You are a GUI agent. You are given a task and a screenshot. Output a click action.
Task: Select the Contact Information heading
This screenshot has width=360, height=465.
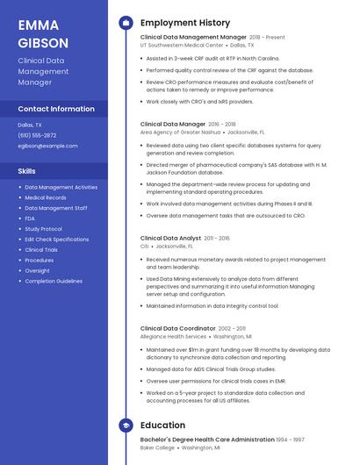56,109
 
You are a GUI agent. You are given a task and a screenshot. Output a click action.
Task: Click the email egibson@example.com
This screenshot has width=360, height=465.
47,146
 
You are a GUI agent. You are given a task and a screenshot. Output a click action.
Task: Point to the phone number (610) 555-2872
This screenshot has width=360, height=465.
37,135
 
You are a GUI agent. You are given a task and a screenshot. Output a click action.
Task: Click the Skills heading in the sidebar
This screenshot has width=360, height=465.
27,170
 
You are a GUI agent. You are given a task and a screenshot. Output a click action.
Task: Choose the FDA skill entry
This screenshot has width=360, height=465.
30,218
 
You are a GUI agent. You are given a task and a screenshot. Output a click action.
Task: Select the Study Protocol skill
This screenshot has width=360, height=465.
43,228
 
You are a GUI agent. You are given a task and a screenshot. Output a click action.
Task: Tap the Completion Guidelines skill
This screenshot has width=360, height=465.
53,281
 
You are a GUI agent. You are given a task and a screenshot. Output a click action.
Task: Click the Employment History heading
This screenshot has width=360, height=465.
185,23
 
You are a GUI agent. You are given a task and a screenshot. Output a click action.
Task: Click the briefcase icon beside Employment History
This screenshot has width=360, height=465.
126,23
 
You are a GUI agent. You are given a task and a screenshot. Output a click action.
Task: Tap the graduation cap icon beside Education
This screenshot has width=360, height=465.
126,425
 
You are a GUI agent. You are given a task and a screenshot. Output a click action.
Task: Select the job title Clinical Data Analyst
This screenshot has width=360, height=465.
170,238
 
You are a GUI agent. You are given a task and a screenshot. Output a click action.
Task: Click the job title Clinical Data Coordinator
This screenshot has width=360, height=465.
176,327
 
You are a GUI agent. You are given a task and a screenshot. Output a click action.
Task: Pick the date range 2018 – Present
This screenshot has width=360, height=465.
267,38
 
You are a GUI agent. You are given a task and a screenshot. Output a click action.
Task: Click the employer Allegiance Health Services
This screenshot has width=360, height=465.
173,336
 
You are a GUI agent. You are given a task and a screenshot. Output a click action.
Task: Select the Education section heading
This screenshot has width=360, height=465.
162,425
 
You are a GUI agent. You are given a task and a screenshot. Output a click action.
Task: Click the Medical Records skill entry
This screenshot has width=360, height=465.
45,197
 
